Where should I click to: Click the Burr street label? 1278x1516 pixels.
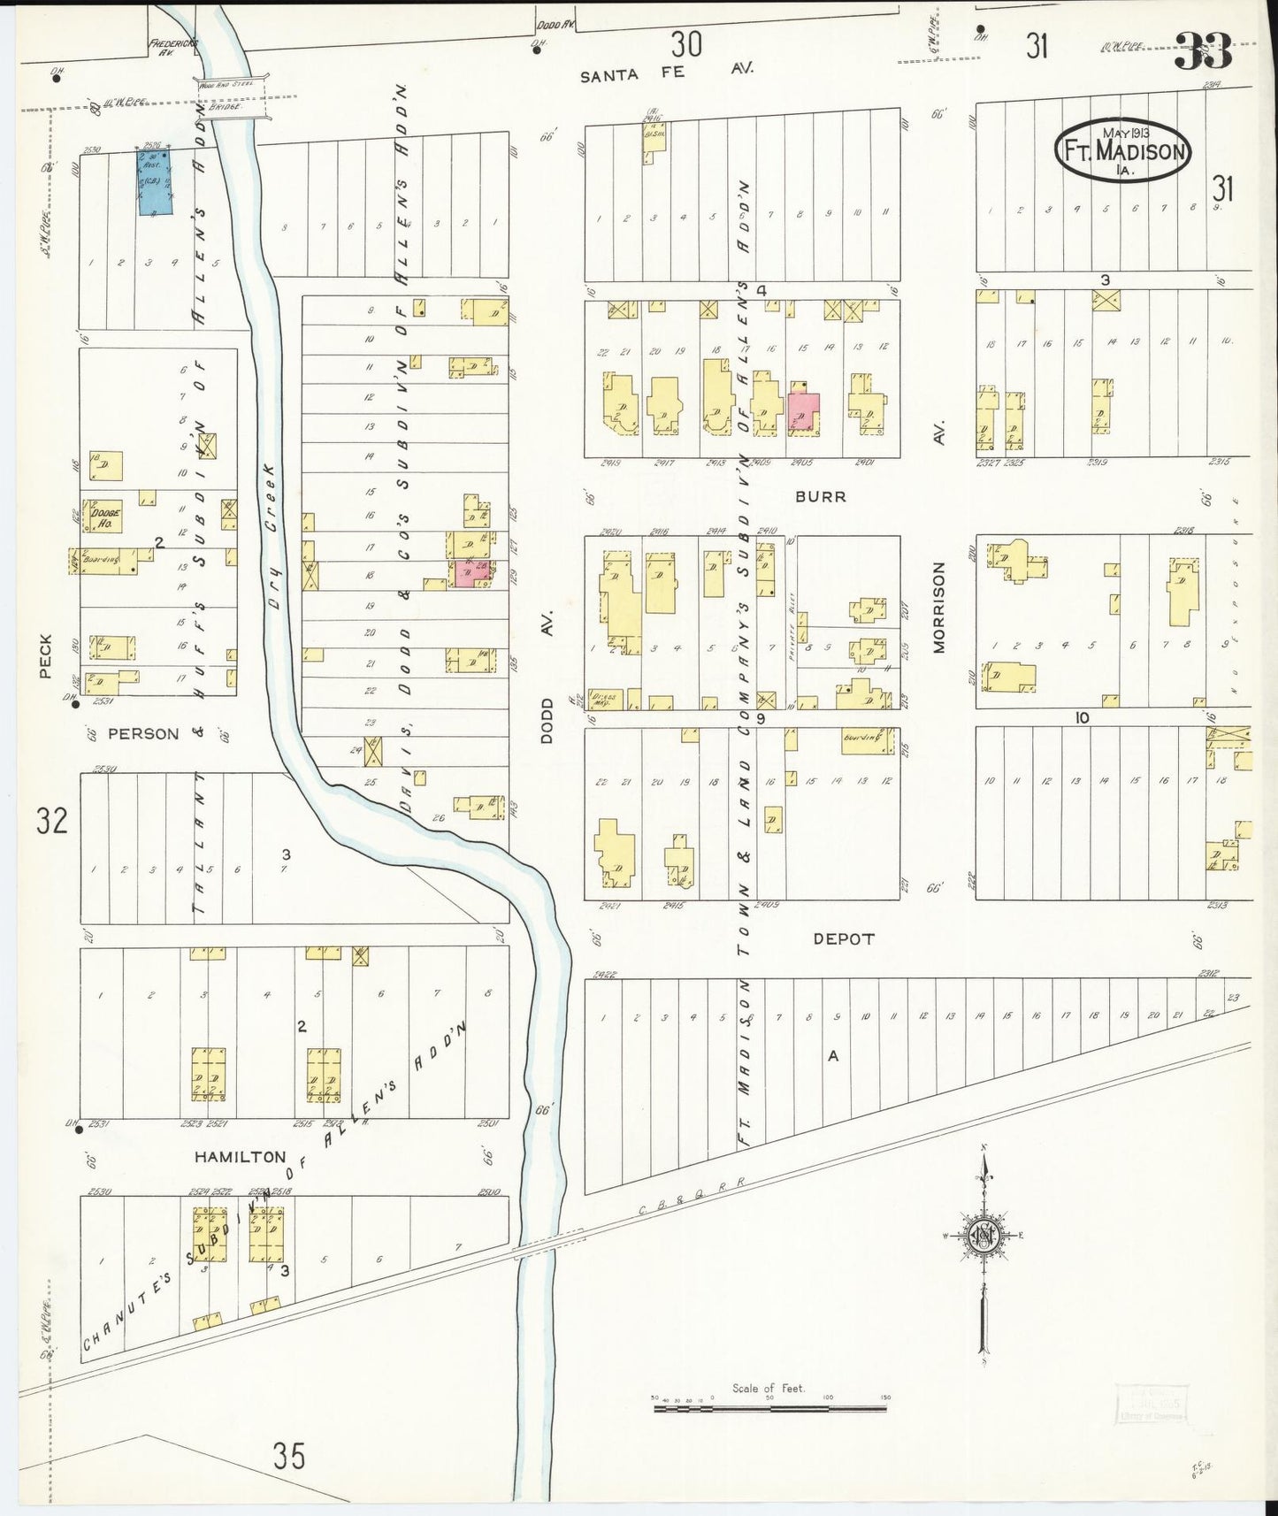820,497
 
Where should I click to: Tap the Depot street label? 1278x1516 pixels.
843,939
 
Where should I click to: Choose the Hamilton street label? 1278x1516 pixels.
241,1157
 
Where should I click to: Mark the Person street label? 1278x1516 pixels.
143,734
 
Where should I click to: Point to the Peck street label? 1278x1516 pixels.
45,656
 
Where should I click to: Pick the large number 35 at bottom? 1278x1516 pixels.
289,1455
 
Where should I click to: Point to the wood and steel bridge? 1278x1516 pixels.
231,97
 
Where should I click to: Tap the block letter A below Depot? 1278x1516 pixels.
831,1055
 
